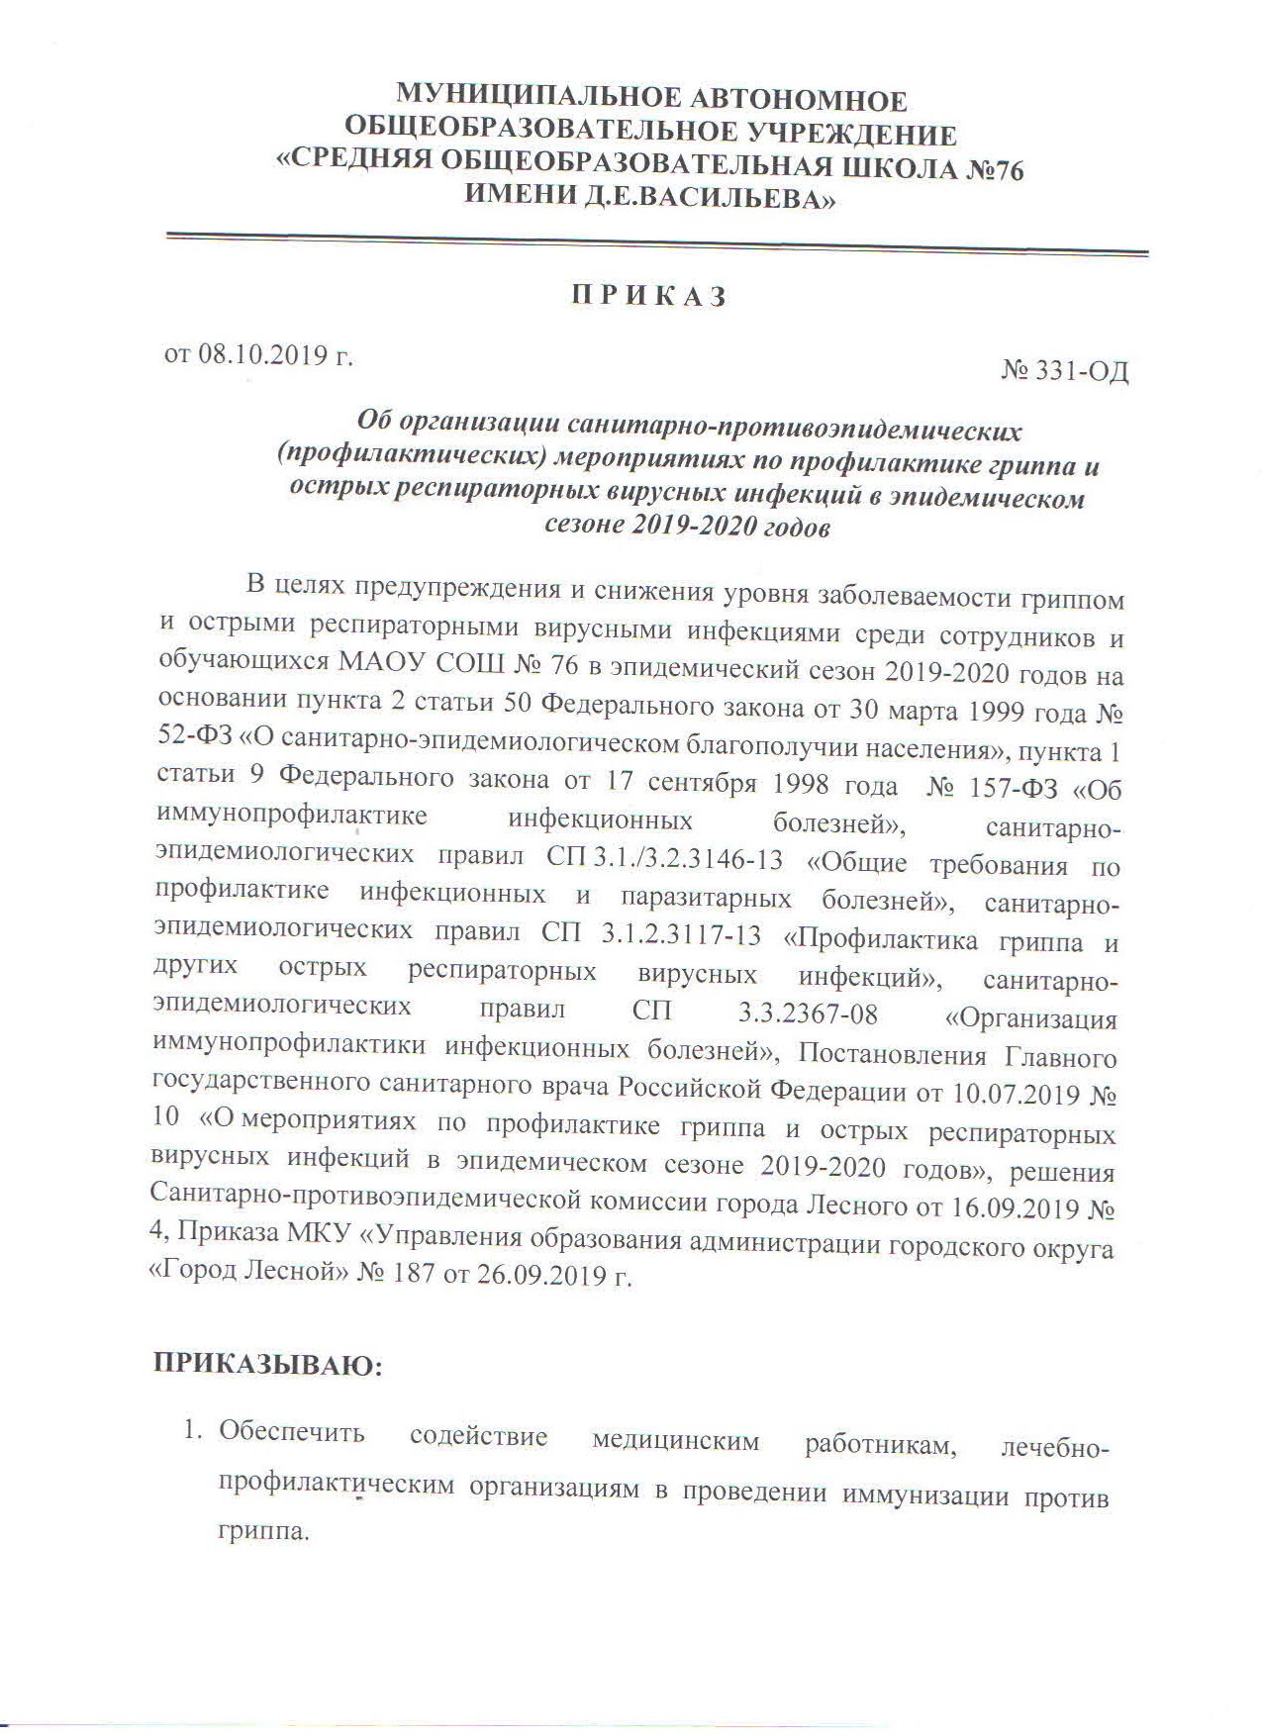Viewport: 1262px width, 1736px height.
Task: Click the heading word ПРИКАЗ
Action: pyautogui.click(x=648, y=296)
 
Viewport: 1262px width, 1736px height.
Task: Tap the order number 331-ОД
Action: pyautogui.click(x=1081, y=372)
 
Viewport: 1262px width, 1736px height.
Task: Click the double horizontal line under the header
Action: pyautogui.click(x=656, y=244)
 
